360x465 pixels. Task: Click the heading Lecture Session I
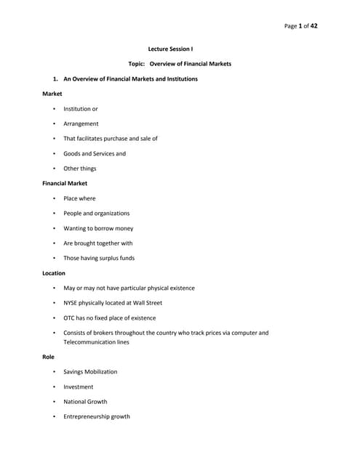point(179,49)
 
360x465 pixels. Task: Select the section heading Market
point(52,94)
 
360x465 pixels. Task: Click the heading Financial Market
point(65,183)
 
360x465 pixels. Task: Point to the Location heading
point(55,273)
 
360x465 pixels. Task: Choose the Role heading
point(49,357)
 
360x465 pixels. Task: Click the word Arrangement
point(81,124)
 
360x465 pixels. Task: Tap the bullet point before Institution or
point(54,109)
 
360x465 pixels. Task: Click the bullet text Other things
point(79,169)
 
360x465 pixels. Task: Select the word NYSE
point(72,303)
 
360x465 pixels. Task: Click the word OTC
point(70,318)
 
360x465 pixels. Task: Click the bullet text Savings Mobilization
point(90,372)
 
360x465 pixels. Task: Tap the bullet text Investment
point(78,387)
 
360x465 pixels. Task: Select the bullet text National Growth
point(85,402)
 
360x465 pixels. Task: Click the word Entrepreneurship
point(87,417)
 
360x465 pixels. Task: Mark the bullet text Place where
point(79,198)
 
